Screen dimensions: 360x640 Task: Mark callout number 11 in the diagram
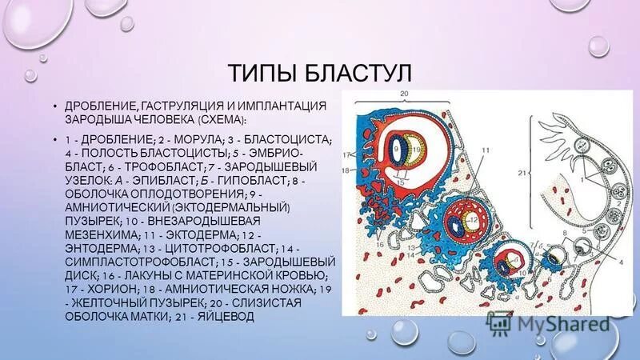[x=486, y=150]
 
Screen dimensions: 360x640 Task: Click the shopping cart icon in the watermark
[x=501, y=322]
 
